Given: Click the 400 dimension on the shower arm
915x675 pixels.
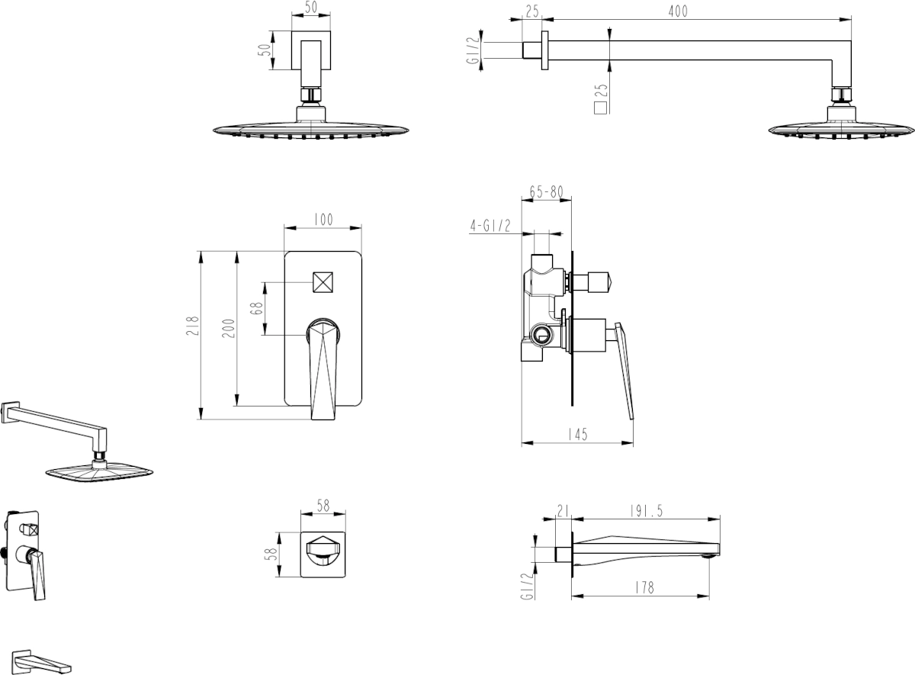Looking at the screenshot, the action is click(678, 11).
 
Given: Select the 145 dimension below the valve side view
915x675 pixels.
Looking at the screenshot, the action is click(578, 434).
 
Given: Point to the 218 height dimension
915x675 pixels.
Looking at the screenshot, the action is click(192, 326).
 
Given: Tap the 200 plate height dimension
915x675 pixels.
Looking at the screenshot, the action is click(228, 329).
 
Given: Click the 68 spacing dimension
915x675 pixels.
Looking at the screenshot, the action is click(256, 308).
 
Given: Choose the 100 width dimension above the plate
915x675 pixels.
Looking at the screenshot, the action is click(323, 220).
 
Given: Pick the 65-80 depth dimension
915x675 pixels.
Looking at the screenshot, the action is click(547, 191).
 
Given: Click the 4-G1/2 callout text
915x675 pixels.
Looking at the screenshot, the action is click(490, 225).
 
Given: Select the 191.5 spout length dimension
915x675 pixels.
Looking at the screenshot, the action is click(646, 510).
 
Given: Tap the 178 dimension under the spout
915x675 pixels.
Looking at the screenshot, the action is click(644, 587).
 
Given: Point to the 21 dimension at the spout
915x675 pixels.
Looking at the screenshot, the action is click(563, 510).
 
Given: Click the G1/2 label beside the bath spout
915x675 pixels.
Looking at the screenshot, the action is click(528, 586).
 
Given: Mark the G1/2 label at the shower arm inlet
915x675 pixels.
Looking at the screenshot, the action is click(473, 50).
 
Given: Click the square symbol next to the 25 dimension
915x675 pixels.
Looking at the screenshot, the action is click(601, 108).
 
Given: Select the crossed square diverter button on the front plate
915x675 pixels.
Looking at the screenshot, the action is click(323, 282).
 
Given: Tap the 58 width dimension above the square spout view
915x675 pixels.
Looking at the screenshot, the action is click(323, 506).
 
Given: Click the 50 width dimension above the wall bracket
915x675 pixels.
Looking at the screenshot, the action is click(311, 8).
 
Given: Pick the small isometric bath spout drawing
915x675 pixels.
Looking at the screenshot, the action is click(42, 662).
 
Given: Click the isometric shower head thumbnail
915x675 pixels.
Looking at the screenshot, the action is click(77, 442).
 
